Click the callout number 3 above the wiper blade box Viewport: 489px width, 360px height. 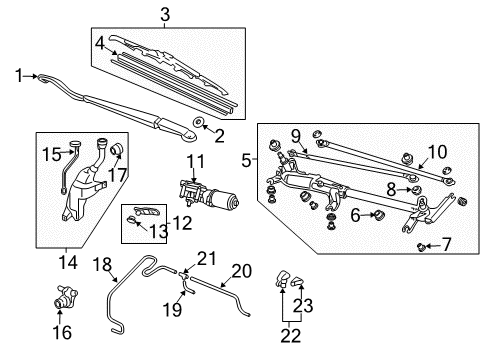(165, 15)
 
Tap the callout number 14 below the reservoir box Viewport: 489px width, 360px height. (68, 262)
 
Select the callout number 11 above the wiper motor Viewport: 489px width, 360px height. (195, 161)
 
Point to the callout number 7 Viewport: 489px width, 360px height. (446, 244)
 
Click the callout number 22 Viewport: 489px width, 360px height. (291, 336)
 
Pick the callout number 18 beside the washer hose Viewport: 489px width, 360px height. (102, 264)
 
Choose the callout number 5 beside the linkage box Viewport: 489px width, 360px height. (246, 161)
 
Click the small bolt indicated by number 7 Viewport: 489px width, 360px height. (422, 247)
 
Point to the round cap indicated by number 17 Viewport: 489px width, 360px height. (117, 149)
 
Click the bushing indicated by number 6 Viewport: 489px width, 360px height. (378, 215)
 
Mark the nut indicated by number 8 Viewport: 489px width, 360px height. (416, 190)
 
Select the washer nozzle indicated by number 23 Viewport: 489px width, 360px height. (297, 282)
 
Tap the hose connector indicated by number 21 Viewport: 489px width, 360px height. (183, 275)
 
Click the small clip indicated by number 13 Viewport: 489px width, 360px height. (132, 220)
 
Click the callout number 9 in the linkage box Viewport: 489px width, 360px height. (296, 136)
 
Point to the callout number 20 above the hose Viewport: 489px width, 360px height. (242, 271)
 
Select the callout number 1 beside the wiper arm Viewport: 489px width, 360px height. (19, 76)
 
